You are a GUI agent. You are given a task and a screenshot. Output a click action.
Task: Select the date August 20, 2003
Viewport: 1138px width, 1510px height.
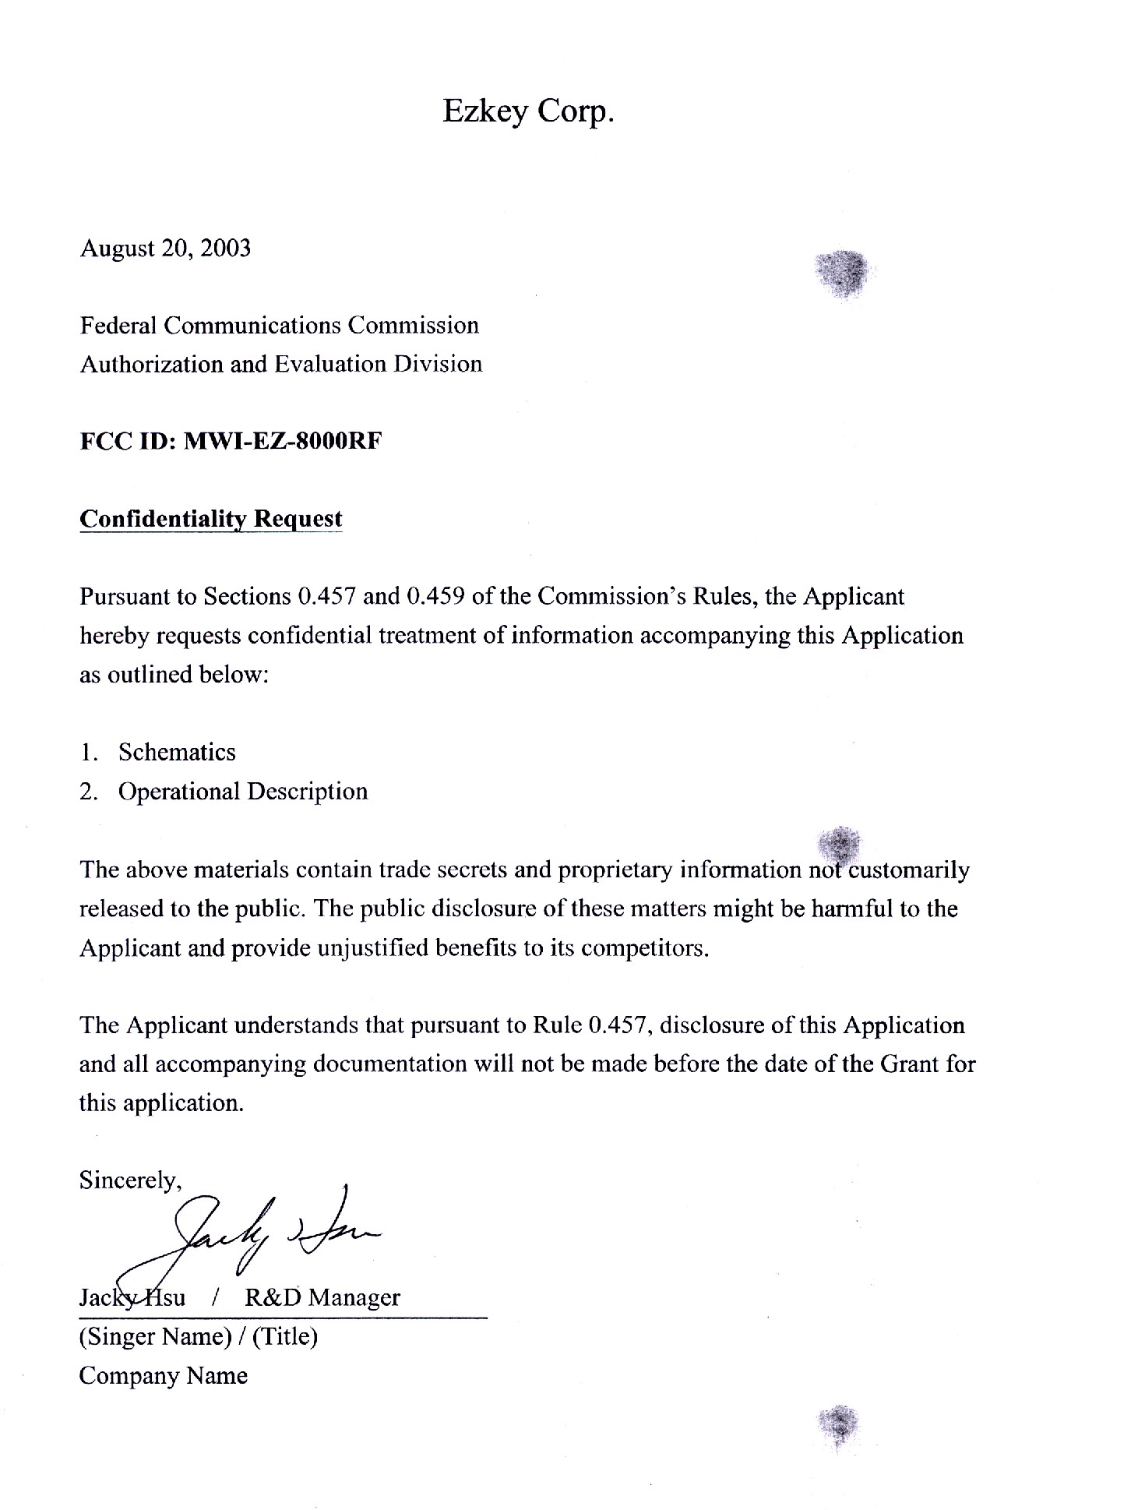coord(165,248)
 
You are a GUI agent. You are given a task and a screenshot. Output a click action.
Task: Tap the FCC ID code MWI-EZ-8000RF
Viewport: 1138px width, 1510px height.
coord(282,441)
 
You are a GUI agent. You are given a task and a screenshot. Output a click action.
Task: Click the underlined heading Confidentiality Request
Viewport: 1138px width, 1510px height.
coord(210,519)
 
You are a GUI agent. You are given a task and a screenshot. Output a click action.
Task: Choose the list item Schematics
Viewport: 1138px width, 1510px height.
coord(177,752)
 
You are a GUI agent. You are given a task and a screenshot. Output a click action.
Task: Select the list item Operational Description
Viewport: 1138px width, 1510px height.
coord(242,792)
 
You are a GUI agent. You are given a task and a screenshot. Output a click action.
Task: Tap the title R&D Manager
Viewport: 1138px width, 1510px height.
coord(322,1297)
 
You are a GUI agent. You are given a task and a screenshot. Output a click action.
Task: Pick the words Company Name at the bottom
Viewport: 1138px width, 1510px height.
coord(163,1376)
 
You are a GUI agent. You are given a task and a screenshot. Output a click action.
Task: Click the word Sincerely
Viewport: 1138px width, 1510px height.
coord(130,1181)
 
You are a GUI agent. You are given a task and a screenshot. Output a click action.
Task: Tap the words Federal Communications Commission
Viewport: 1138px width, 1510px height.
coord(279,325)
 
